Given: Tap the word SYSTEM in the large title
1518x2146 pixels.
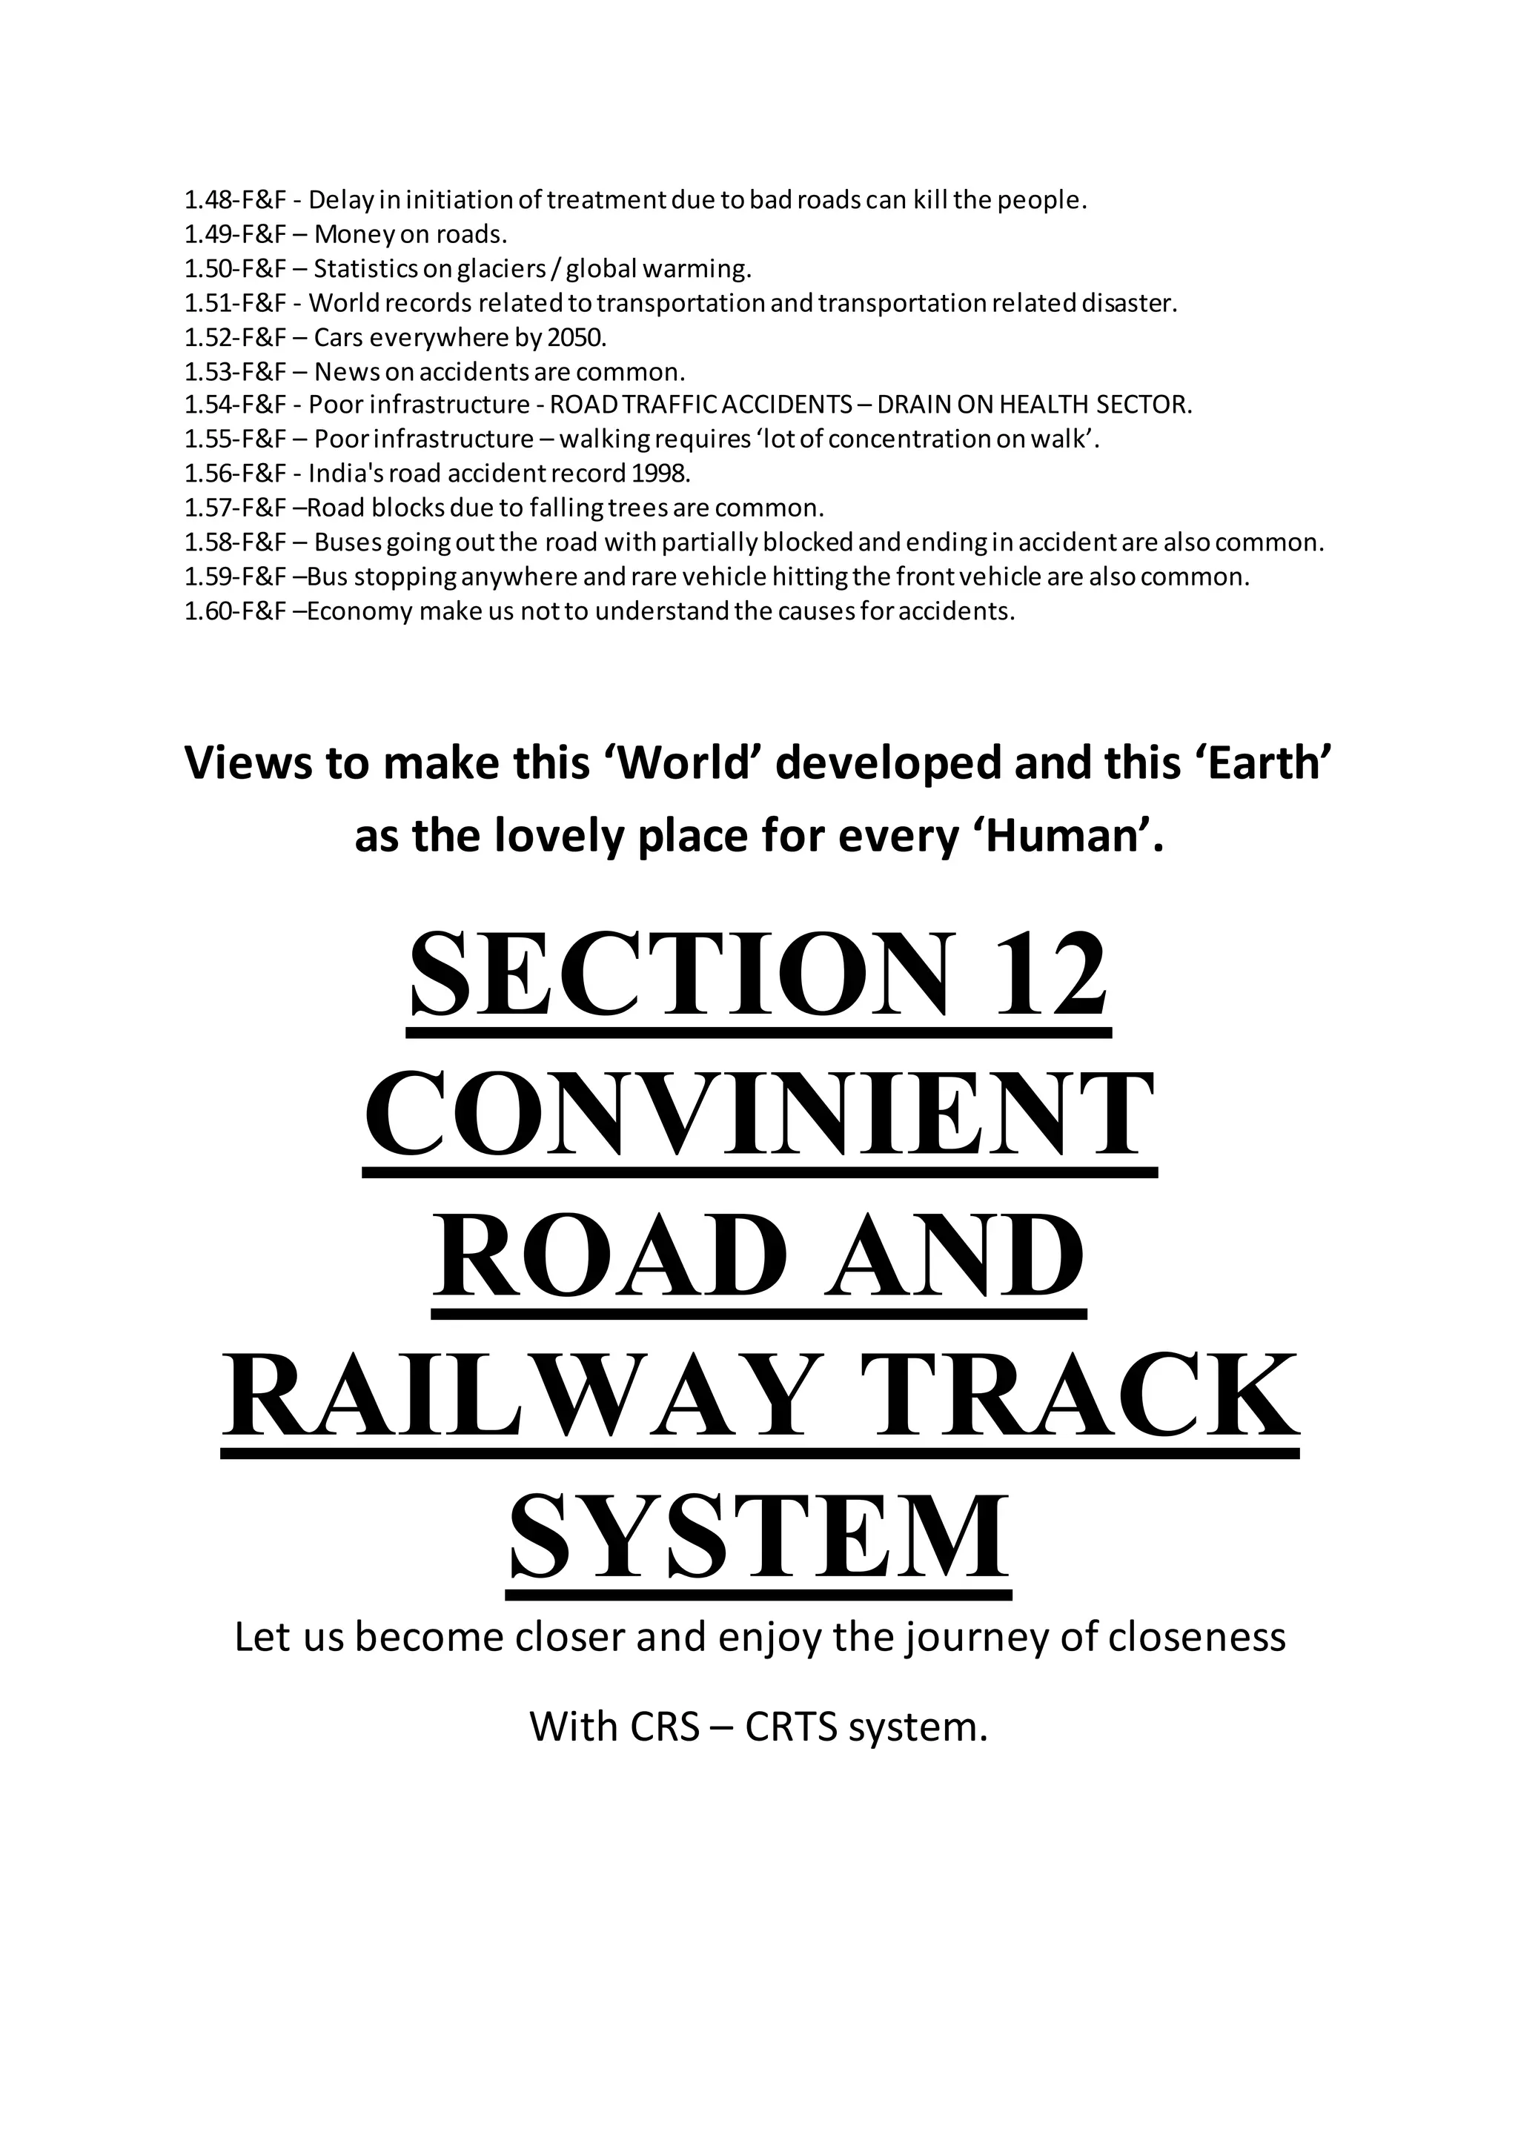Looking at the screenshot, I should pos(759,1537).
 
